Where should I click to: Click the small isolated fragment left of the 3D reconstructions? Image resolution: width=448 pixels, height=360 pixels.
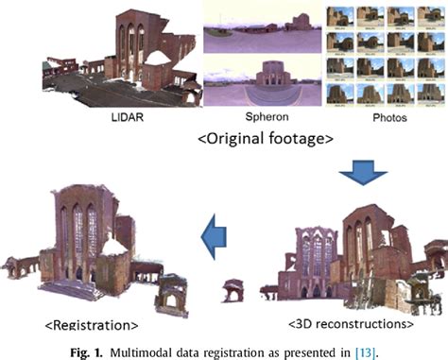[x=232, y=289]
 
